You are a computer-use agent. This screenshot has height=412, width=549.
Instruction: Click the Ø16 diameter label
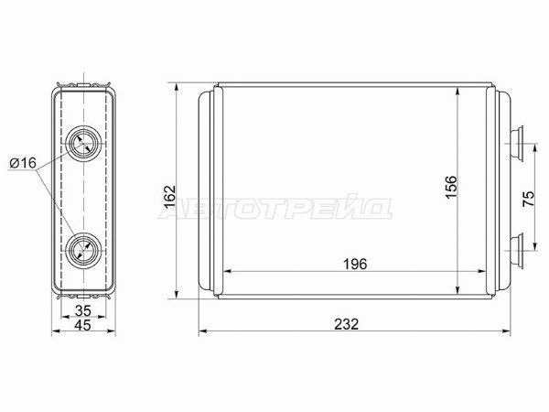pyautogui.click(x=23, y=163)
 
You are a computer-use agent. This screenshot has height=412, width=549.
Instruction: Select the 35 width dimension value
pyautogui.click(x=83, y=310)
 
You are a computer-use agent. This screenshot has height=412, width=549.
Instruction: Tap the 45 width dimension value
pyautogui.click(x=83, y=325)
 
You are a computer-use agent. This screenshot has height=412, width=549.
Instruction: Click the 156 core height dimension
pyautogui.click(x=451, y=187)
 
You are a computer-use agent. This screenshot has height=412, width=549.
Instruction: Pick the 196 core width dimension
pyautogui.click(x=355, y=265)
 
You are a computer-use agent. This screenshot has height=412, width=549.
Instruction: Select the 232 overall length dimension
pyautogui.click(x=346, y=324)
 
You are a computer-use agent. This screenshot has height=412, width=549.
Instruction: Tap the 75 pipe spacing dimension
pyautogui.click(x=528, y=199)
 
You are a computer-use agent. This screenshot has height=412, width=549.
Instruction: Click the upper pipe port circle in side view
pyautogui.click(x=83, y=143)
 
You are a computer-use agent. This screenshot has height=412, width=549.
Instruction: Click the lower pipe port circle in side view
pyautogui.click(x=83, y=250)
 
